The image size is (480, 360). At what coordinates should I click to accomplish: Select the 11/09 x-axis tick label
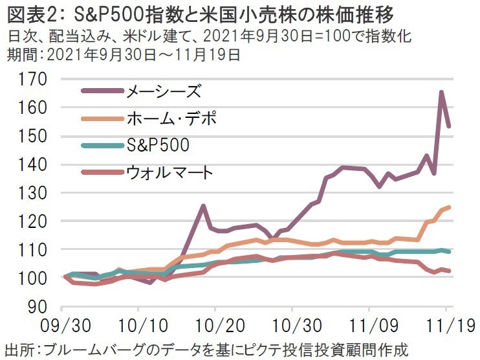click(371, 324)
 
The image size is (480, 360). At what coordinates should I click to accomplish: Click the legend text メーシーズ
click(161, 92)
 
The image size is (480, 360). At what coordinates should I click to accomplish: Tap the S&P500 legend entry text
click(158, 146)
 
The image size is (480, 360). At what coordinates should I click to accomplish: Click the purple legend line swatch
click(102, 92)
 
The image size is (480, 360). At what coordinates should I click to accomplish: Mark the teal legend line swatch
click(102, 146)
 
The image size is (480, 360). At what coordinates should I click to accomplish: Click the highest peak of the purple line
click(441, 93)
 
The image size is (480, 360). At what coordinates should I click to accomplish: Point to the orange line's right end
click(449, 207)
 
